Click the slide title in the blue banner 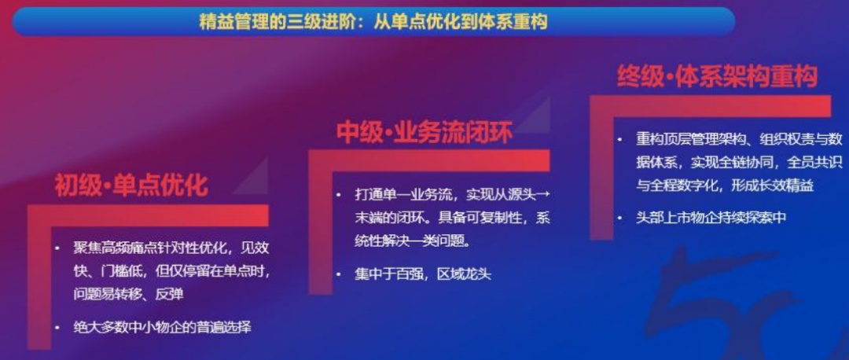click(373, 22)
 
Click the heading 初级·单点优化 click(131, 186)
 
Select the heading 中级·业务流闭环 click(424, 133)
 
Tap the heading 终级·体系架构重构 click(717, 76)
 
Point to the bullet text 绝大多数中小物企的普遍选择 click(163, 327)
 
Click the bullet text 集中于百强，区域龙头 click(423, 274)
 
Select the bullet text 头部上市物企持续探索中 click(711, 218)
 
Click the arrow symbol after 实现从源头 click(543, 194)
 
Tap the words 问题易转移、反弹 click(128, 294)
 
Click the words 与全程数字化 click(678, 186)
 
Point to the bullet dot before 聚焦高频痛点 click(57, 248)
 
